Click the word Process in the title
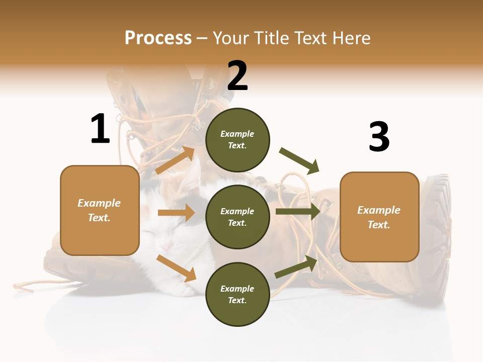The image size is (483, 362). click(x=158, y=38)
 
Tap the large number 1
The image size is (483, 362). click(x=100, y=129)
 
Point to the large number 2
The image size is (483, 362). click(x=237, y=76)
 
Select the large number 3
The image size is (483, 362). click(x=379, y=137)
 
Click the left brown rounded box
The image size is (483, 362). click(x=100, y=210)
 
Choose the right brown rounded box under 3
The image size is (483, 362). click(x=379, y=217)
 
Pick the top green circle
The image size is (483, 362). click(x=237, y=140)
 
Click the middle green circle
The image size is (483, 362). click(x=237, y=217)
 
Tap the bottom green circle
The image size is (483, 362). click(x=237, y=294)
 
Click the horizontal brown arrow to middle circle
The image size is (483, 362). click(x=176, y=213)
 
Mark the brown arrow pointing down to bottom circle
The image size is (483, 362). click(x=176, y=267)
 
